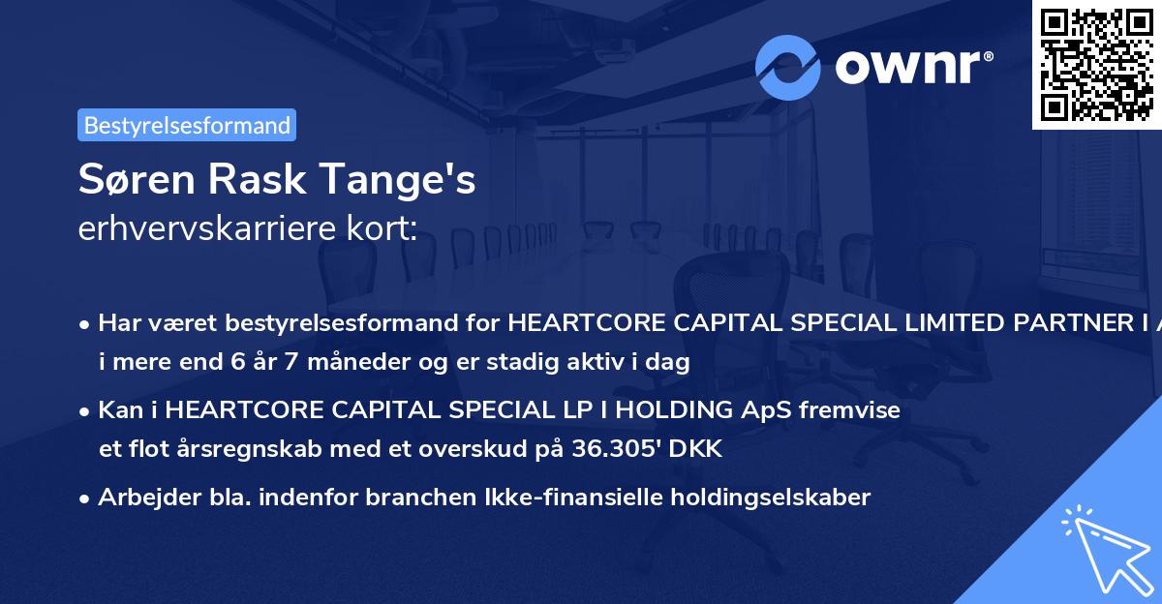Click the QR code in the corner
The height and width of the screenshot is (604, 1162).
(1096, 64)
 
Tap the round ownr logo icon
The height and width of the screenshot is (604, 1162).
(788, 67)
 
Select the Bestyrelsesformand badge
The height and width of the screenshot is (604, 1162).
(187, 125)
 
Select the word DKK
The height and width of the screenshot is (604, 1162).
(700, 451)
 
